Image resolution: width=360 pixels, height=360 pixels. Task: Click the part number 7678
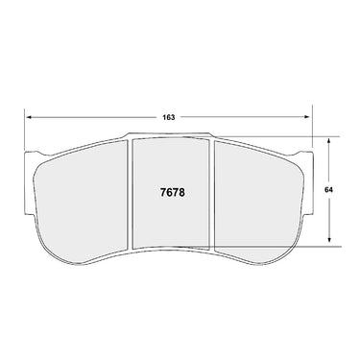(x=172, y=193)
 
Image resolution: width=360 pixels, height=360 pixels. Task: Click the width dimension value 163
(x=169, y=117)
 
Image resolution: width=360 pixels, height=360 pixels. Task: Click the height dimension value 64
(x=328, y=190)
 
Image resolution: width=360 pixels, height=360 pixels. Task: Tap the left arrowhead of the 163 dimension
(x=30, y=117)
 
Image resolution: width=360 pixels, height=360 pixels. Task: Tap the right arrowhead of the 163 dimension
(x=307, y=117)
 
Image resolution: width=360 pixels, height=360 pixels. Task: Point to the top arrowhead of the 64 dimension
(x=329, y=141)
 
